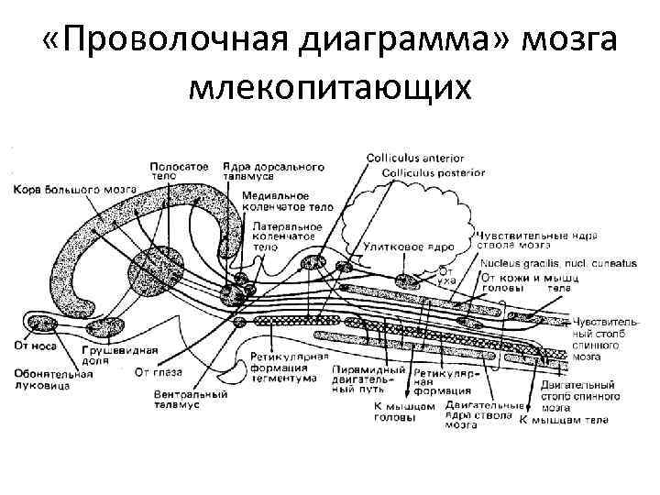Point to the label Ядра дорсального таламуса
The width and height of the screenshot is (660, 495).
(x=274, y=171)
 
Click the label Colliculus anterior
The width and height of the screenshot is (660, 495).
(x=415, y=159)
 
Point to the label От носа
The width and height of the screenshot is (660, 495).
(x=35, y=346)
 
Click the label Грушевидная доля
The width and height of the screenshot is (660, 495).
(x=120, y=356)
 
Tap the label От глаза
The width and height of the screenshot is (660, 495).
(x=158, y=372)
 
